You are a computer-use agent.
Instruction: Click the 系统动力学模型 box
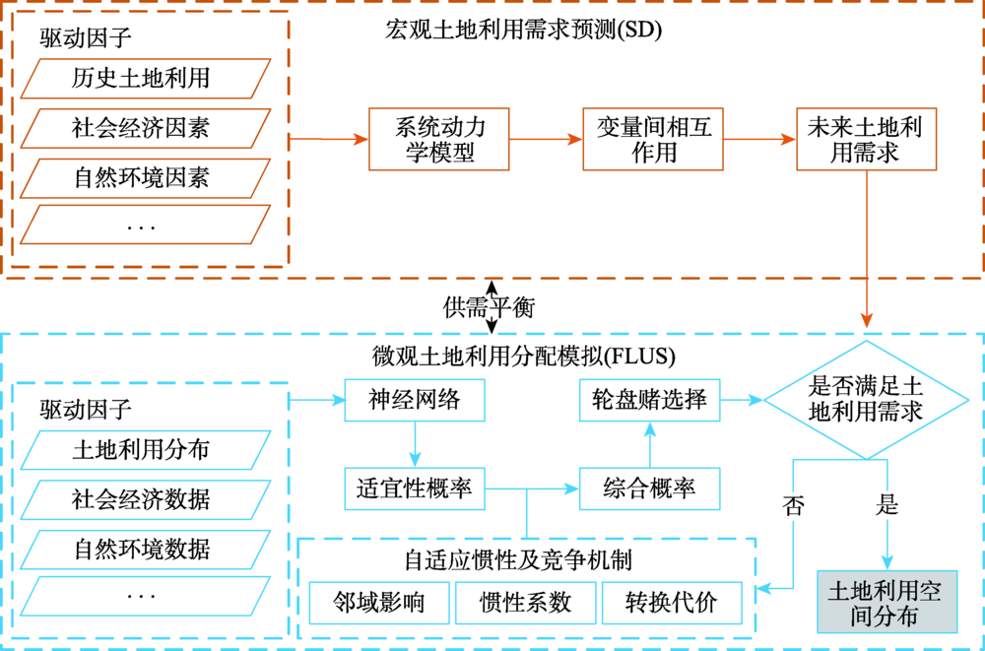[x=439, y=139]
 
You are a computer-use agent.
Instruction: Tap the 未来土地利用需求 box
[x=864, y=139]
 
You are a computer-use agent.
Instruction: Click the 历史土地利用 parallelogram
[x=145, y=78]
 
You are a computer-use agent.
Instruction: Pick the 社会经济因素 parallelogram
[x=145, y=128]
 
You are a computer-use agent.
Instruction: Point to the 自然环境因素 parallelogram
[x=145, y=178]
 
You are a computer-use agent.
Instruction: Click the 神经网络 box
[x=415, y=400]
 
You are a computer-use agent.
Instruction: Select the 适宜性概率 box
[x=415, y=488]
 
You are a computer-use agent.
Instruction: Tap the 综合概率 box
[x=649, y=488]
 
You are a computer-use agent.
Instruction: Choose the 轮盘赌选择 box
[x=649, y=400]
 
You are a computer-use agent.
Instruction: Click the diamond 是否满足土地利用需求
[x=864, y=399]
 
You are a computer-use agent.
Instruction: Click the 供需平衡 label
[x=489, y=307]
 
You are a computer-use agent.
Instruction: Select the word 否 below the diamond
[x=793, y=506]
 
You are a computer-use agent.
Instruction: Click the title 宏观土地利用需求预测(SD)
[x=523, y=30]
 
